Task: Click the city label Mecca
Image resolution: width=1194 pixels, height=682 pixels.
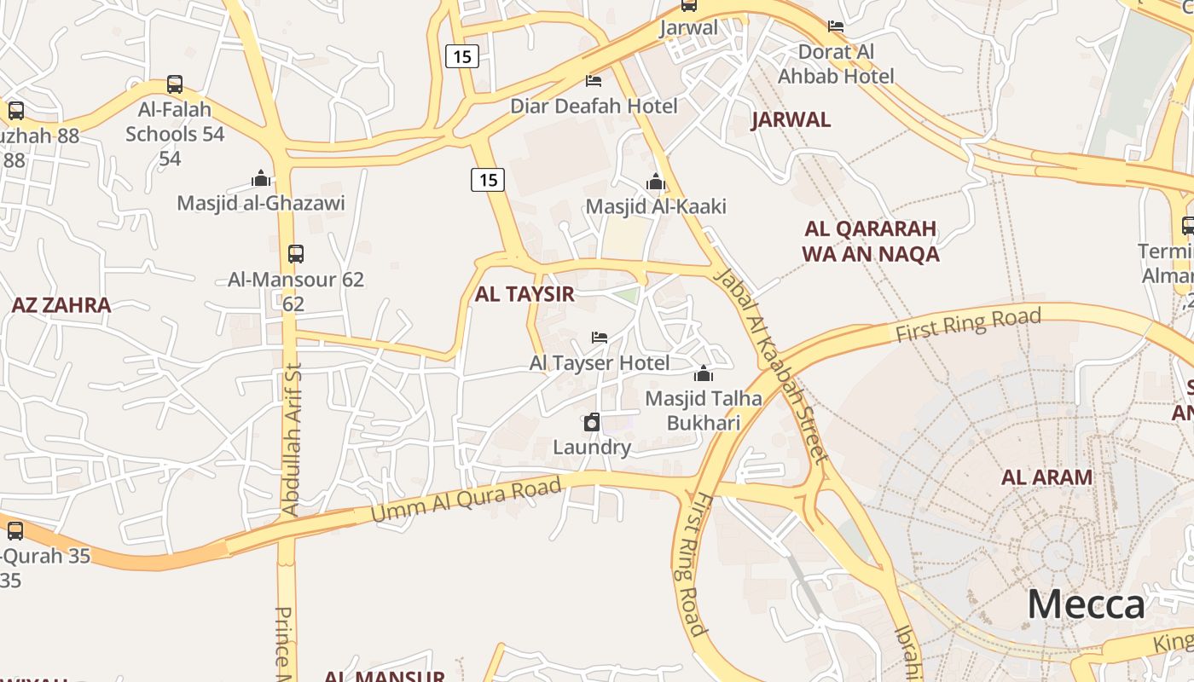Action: [1086, 604]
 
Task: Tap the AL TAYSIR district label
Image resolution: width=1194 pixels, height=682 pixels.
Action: [525, 295]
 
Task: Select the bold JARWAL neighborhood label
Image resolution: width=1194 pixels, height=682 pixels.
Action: [791, 120]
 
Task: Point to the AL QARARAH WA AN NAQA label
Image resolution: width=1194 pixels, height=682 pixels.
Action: [870, 241]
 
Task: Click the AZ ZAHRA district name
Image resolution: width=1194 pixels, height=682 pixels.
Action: [61, 305]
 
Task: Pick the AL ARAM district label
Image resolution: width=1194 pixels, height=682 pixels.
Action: [1046, 477]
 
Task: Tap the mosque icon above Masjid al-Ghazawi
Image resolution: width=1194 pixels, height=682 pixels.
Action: [261, 178]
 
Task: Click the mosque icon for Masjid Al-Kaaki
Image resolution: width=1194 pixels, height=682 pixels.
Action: [656, 182]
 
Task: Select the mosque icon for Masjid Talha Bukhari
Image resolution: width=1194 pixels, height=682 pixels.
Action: [704, 373]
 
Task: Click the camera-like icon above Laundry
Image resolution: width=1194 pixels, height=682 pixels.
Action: [592, 422]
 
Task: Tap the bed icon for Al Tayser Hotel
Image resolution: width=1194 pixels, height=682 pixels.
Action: [600, 338]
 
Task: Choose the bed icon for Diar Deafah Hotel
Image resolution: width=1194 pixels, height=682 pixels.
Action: [594, 81]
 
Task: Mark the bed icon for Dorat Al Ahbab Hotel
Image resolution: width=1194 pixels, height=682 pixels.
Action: [836, 26]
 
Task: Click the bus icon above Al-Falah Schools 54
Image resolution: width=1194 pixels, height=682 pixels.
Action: [175, 84]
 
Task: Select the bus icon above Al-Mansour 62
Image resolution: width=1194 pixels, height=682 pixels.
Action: [296, 253]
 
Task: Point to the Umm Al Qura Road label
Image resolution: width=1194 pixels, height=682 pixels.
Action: [467, 501]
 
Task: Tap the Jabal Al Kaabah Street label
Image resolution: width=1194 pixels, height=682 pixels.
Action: [770, 367]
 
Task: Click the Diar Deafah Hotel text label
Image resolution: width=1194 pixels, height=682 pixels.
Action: [594, 107]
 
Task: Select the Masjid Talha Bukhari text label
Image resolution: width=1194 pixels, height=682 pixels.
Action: [704, 410]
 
